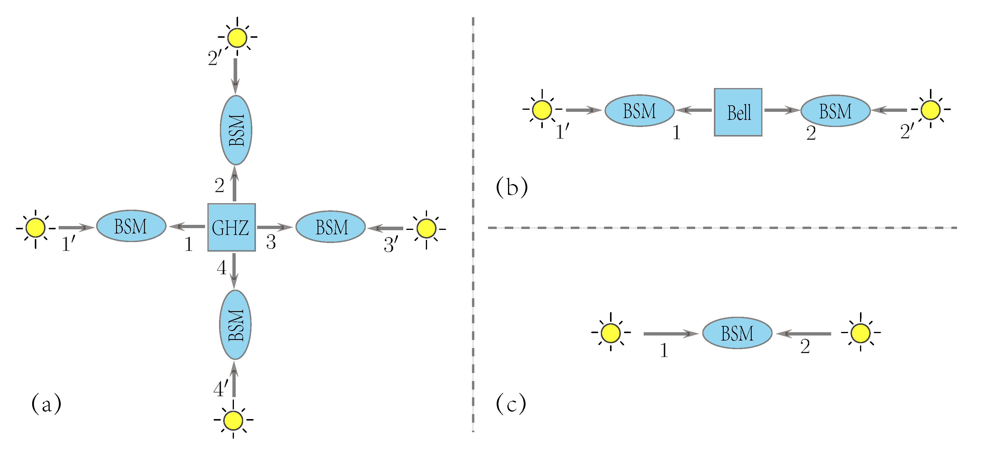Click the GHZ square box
[x=231, y=227]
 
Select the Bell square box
[x=738, y=112]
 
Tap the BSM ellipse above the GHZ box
[x=236, y=130]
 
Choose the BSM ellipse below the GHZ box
[x=235, y=324]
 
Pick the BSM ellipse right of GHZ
[x=331, y=227]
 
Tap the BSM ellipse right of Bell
[x=836, y=111]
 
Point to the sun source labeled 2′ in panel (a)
[x=237, y=37]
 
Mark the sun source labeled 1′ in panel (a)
[x=35, y=228]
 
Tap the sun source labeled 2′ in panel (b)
[x=930, y=109]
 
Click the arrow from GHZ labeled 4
[x=234, y=271]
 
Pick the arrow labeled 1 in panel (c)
[x=671, y=333]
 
